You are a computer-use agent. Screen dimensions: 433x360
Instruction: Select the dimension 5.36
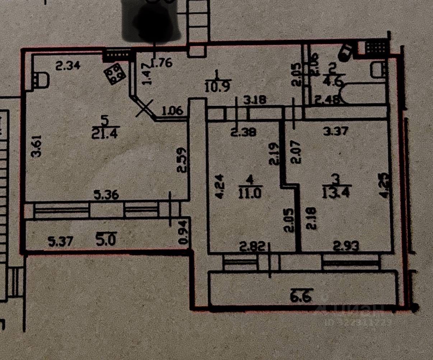106,195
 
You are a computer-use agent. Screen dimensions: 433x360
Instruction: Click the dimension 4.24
220,186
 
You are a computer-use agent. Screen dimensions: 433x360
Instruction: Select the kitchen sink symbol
41,79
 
